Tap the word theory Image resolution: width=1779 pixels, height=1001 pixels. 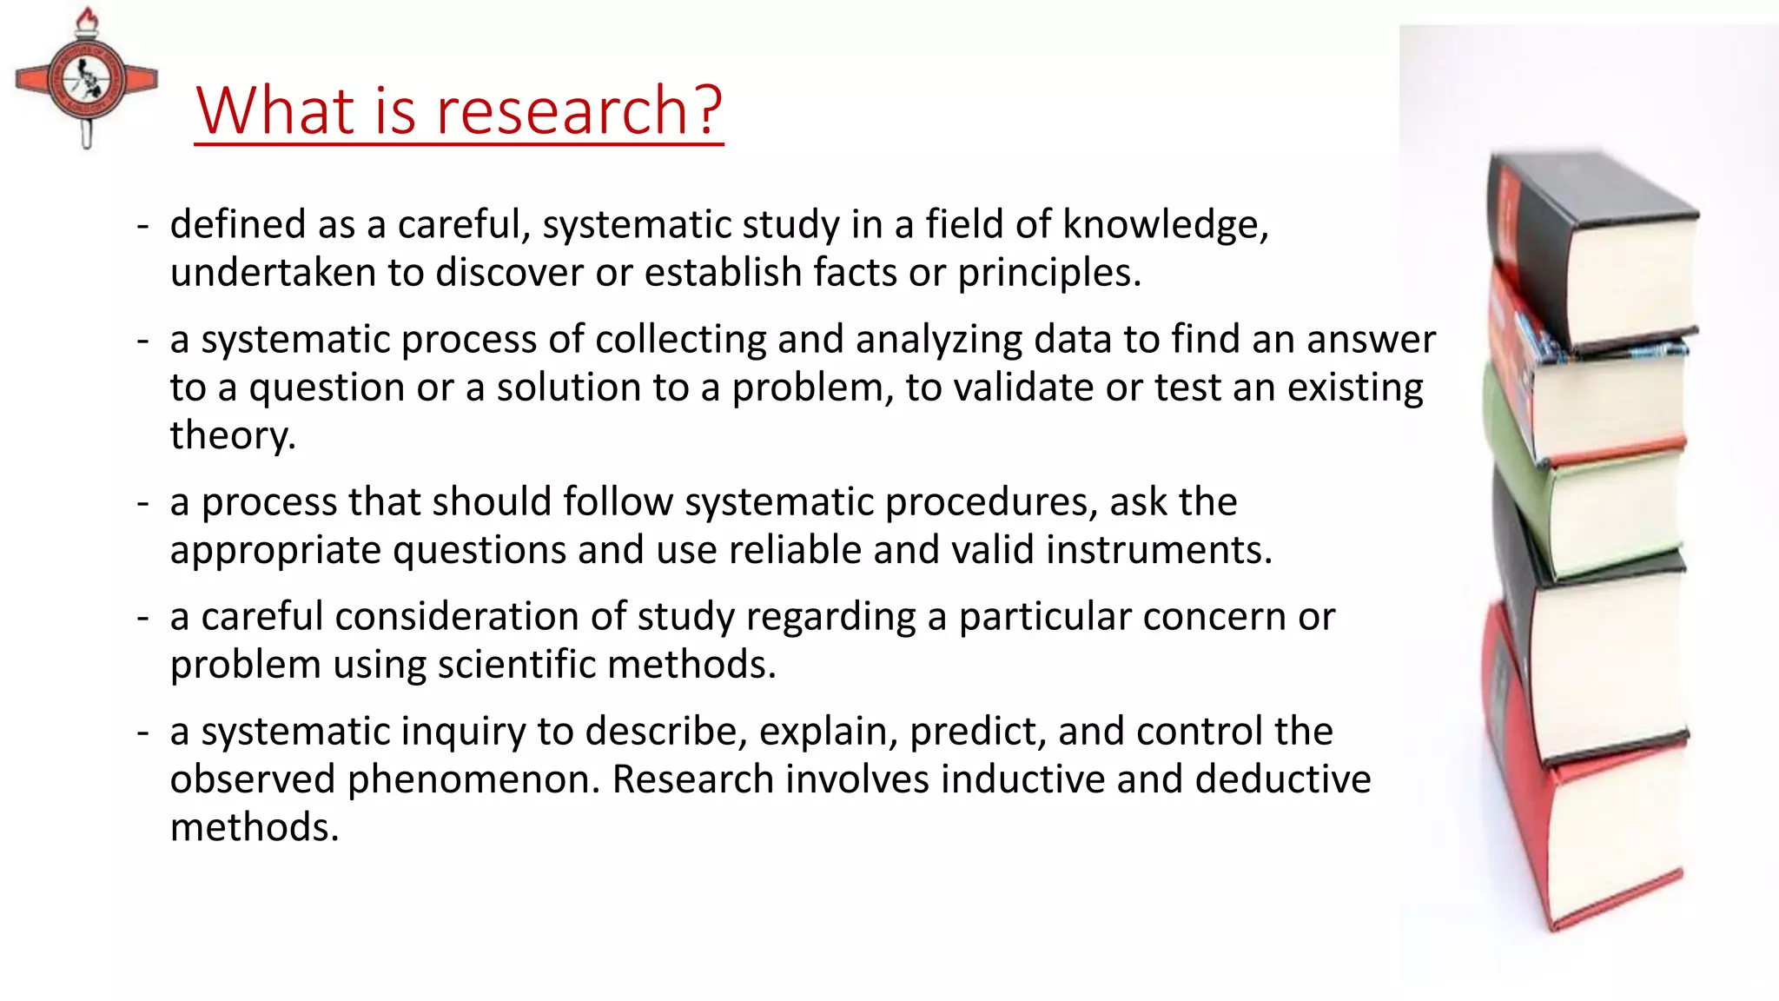(x=231, y=435)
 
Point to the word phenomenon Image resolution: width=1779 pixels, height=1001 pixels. (x=473, y=779)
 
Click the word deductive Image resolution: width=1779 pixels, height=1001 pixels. (x=1282, y=779)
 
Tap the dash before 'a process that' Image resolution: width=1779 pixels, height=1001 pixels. (x=143, y=503)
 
